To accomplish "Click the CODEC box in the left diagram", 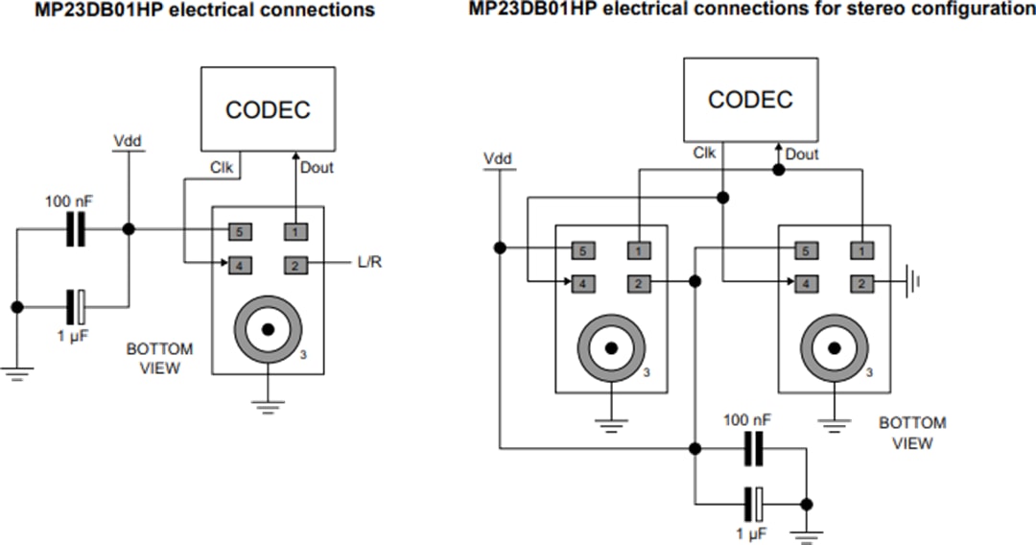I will [x=268, y=108].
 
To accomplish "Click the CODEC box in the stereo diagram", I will [x=750, y=99].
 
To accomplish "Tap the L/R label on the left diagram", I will [x=368, y=262].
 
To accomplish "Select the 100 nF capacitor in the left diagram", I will [x=75, y=229].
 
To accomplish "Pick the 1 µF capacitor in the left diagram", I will [x=76, y=307].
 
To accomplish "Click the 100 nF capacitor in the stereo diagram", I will [x=753, y=447].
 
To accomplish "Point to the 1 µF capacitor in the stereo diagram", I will [x=754, y=503].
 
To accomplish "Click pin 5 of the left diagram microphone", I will [x=240, y=230].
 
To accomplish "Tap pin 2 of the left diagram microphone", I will [x=295, y=263].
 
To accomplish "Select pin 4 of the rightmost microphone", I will [x=806, y=283].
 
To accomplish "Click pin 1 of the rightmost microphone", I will [x=861, y=250].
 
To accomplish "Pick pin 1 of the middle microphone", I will [x=638, y=250].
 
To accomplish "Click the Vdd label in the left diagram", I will [x=128, y=141].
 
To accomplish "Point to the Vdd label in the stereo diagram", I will [x=498, y=158].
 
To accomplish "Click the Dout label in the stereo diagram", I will [x=802, y=154].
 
